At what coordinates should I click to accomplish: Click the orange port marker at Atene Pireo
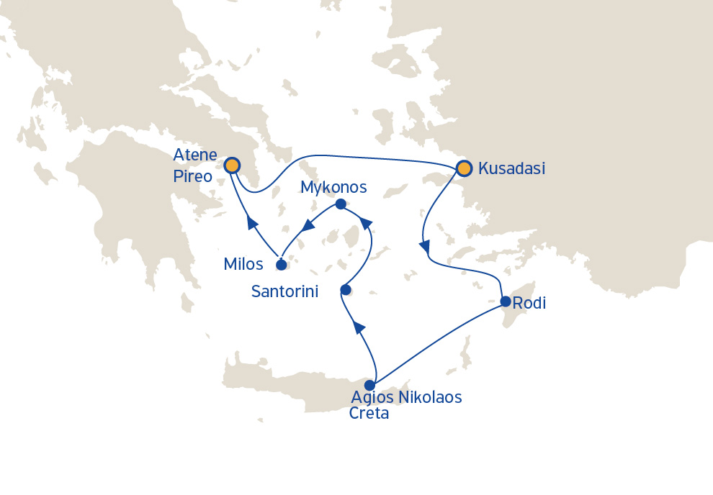click(232, 165)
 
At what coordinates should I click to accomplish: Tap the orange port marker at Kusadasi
click(464, 168)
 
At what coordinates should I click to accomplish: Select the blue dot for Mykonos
click(341, 205)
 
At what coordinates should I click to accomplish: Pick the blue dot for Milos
click(282, 265)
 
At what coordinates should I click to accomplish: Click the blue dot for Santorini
click(346, 290)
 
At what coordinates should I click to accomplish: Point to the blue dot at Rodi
click(506, 301)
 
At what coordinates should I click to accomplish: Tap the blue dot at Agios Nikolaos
click(370, 385)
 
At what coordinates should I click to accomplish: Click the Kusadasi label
click(511, 169)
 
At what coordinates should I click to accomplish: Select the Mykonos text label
click(333, 188)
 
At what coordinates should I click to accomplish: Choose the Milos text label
click(243, 264)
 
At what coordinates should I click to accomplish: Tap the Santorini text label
click(291, 291)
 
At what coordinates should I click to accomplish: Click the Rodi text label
click(530, 304)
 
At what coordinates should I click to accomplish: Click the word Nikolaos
click(426, 396)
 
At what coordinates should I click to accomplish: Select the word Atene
click(195, 155)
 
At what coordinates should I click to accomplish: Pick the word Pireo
click(193, 176)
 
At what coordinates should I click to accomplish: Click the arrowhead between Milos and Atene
click(252, 222)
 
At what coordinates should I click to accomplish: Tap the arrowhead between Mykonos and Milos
click(308, 226)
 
